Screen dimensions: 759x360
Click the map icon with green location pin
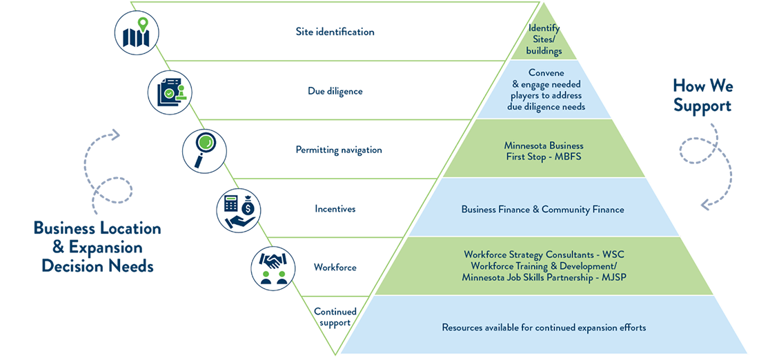137,32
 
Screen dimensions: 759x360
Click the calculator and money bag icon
239,210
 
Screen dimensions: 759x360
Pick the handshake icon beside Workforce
273,268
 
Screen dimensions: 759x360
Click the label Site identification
335,32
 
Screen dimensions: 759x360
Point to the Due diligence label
335,91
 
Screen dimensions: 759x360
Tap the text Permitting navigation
339,150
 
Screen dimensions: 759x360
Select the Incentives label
335,209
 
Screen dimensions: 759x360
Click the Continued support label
335,317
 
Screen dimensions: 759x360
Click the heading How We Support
702,96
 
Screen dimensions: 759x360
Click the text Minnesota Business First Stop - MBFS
544,151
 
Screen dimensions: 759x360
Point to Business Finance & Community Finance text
542,210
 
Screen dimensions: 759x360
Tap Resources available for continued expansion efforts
544,328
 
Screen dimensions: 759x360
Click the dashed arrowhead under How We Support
707,203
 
